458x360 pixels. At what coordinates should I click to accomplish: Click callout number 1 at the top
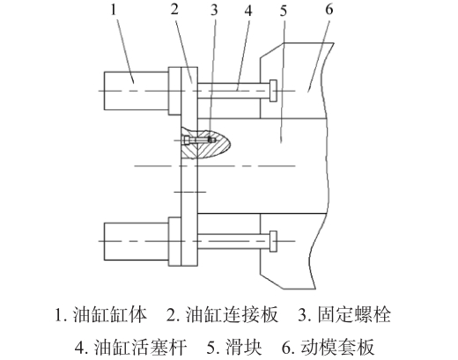click(114, 10)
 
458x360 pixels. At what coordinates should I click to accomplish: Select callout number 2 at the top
click(174, 10)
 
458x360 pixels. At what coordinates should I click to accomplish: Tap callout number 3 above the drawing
click(214, 10)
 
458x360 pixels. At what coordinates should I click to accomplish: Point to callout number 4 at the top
click(248, 11)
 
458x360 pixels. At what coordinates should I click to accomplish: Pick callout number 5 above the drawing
click(284, 11)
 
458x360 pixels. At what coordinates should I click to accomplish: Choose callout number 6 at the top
click(329, 10)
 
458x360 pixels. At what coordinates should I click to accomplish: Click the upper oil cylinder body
click(137, 91)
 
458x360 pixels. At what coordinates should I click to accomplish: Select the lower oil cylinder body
click(137, 241)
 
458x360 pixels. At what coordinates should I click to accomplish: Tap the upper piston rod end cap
click(273, 91)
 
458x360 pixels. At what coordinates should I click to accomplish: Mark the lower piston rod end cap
click(273, 241)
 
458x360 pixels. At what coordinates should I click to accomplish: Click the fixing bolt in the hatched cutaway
click(199, 140)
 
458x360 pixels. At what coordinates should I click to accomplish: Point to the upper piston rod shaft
click(233, 91)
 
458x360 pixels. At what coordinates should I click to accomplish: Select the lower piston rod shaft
click(233, 241)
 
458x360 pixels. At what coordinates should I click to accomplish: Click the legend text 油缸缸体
click(109, 315)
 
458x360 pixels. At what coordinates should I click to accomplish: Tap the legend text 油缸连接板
click(232, 315)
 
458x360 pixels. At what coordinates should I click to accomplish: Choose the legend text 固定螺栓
click(354, 315)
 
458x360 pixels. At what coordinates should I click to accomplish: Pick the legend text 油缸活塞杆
click(140, 347)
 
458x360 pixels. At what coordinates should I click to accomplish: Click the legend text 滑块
click(243, 347)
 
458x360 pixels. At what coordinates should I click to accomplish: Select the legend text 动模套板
click(337, 347)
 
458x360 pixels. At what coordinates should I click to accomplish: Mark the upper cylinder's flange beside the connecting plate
click(174, 91)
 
